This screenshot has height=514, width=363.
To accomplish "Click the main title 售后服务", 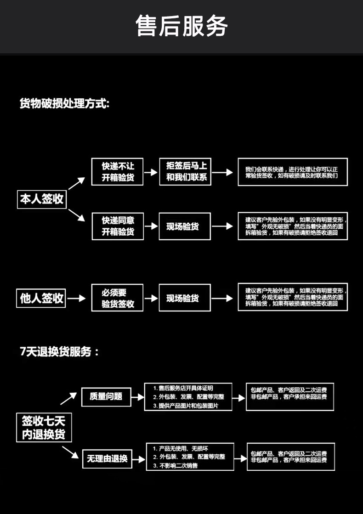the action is (x=181, y=26).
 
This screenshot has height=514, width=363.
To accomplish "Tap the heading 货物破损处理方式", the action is (x=64, y=103).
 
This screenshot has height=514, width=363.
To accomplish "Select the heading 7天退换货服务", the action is (x=59, y=352).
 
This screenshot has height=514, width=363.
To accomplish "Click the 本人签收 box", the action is (x=42, y=199).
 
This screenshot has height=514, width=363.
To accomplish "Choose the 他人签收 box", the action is (x=41, y=298).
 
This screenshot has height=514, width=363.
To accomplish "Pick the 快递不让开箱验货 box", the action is (x=117, y=171).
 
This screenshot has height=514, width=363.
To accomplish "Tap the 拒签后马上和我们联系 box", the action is (x=185, y=171).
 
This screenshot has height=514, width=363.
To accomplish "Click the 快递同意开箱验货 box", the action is (x=118, y=226).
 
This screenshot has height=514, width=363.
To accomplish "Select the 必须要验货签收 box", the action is (x=117, y=298).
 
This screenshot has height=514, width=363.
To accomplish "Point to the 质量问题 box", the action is (x=106, y=397).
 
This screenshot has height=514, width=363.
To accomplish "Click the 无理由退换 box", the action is (x=107, y=458).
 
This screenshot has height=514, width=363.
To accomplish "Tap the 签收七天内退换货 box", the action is (x=44, y=428).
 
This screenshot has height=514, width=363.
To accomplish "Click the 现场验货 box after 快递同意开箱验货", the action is (x=185, y=226).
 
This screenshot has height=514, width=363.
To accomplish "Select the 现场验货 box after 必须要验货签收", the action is (x=185, y=298).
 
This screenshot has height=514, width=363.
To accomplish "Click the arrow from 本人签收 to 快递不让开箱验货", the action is (x=76, y=183).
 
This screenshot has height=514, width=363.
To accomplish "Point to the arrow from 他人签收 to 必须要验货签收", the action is (x=76, y=298).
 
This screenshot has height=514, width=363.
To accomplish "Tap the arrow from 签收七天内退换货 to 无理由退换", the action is (x=70, y=452).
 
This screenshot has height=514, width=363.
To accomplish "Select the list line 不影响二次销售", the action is (x=176, y=465).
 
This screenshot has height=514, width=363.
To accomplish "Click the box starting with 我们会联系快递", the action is (x=293, y=172).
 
